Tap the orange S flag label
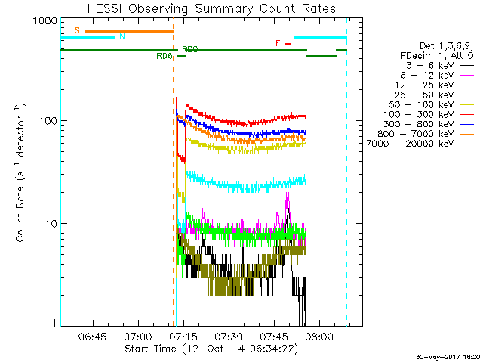77,31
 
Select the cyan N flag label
122,36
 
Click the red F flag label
278,43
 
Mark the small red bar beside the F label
288,44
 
